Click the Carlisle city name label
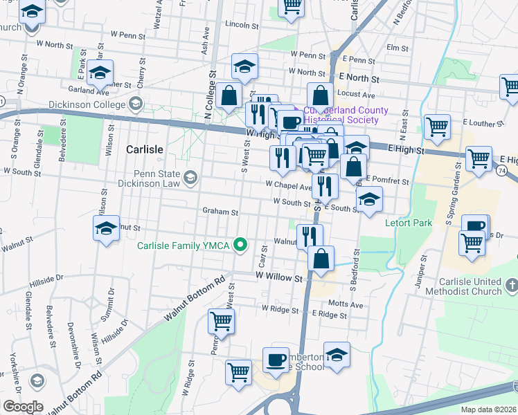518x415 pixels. (145, 149)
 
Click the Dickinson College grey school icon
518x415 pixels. (136, 105)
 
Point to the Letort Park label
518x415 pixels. (408, 223)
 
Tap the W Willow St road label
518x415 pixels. (280, 277)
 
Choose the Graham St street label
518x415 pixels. (220, 212)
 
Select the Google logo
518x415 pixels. (23, 406)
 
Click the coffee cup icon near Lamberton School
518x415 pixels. (276, 360)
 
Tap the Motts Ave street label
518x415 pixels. (346, 304)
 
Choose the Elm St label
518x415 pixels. (398, 48)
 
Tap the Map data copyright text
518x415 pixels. (488, 409)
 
